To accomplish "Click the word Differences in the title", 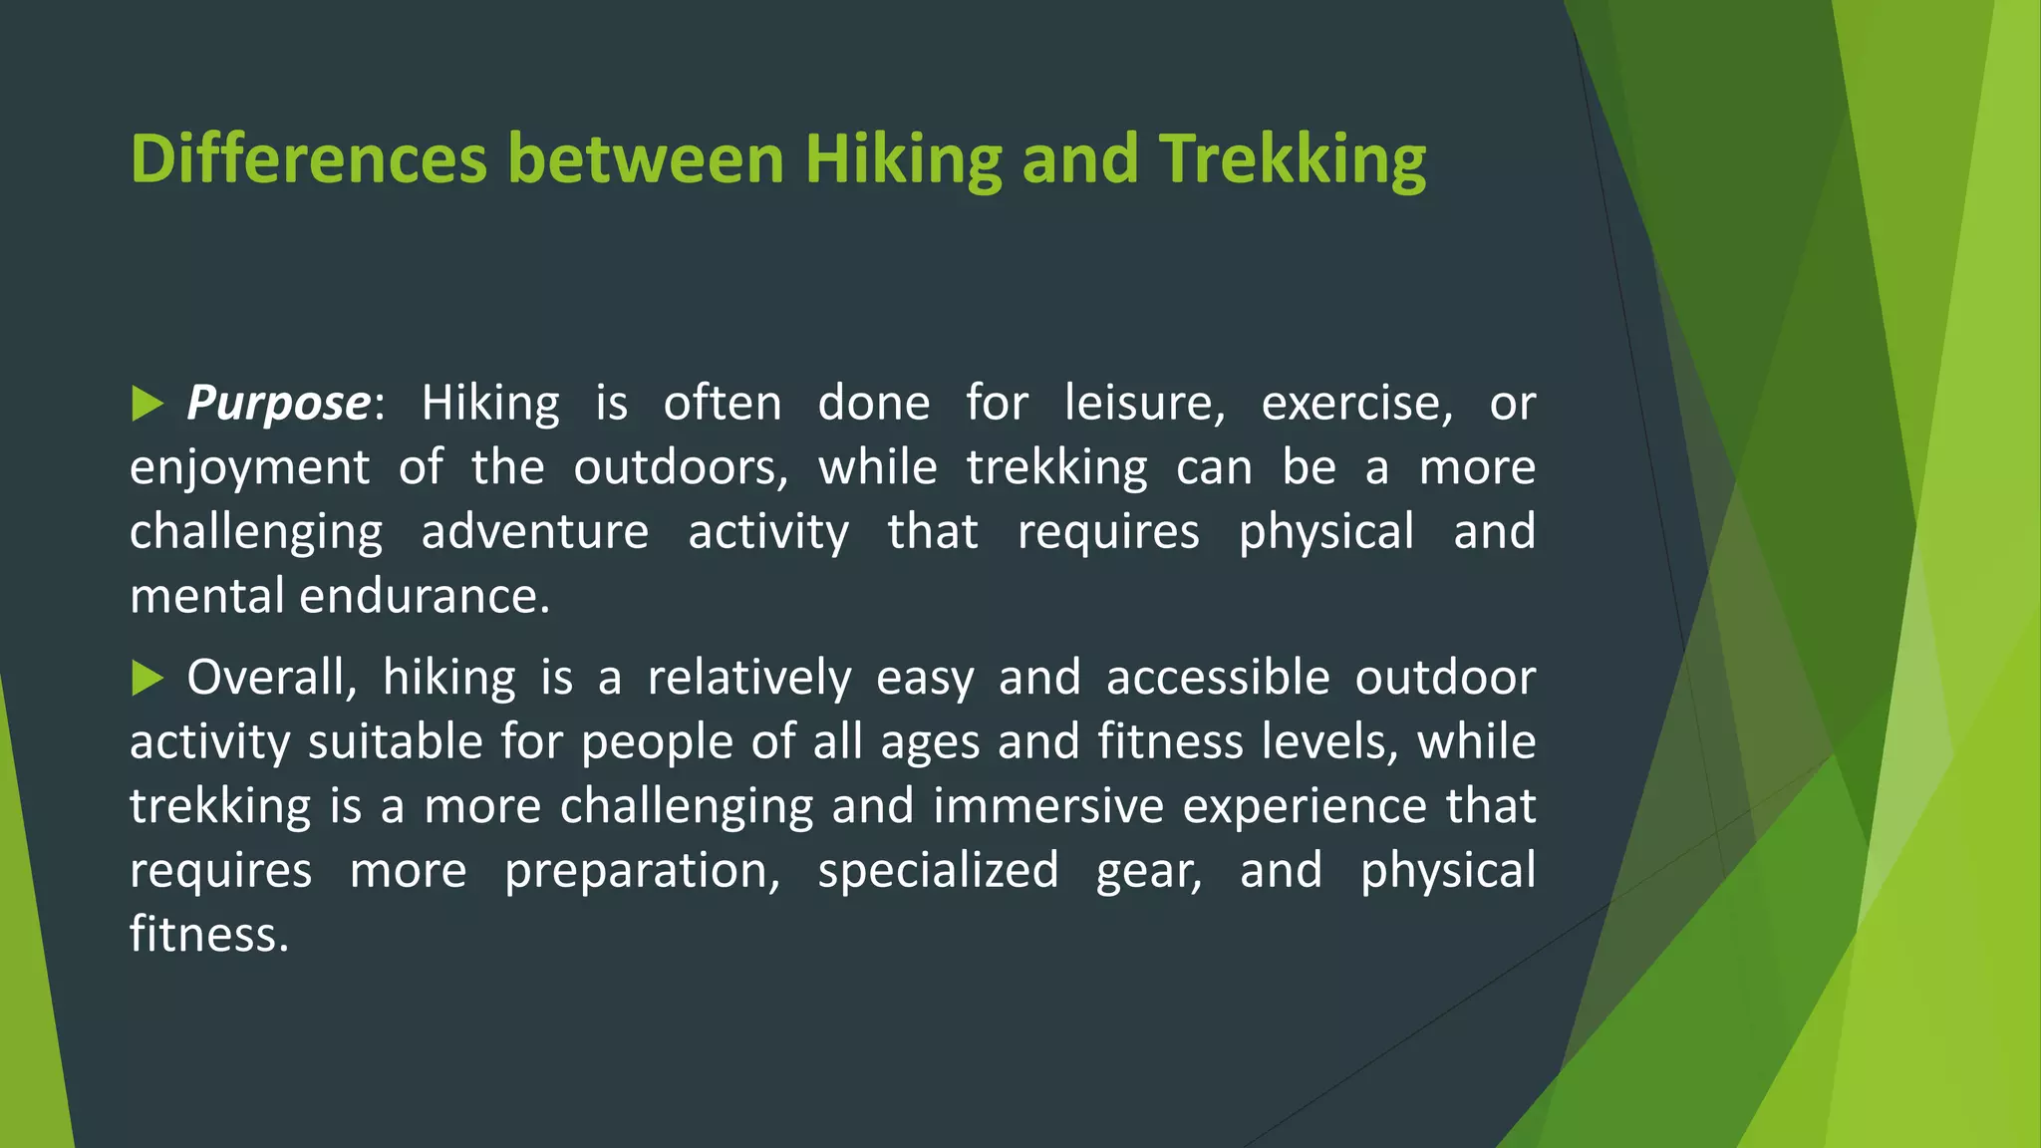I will (x=309, y=159).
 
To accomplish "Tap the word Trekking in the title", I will (x=1292, y=159).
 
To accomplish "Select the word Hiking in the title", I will (x=902, y=159).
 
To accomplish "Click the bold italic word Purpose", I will (x=278, y=405).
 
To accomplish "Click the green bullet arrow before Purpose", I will (x=146, y=405).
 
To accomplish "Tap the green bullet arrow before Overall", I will (x=146, y=679).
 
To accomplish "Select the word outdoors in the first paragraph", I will (x=681, y=468).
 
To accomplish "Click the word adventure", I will (x=535, y=532).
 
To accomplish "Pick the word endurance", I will (x=425, y=597).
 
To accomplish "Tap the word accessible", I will (x=1218, y=679).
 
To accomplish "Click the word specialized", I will (x=938, y=871).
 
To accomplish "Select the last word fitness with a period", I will (x=209, y=935).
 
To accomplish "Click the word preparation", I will (x=642, y=871).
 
